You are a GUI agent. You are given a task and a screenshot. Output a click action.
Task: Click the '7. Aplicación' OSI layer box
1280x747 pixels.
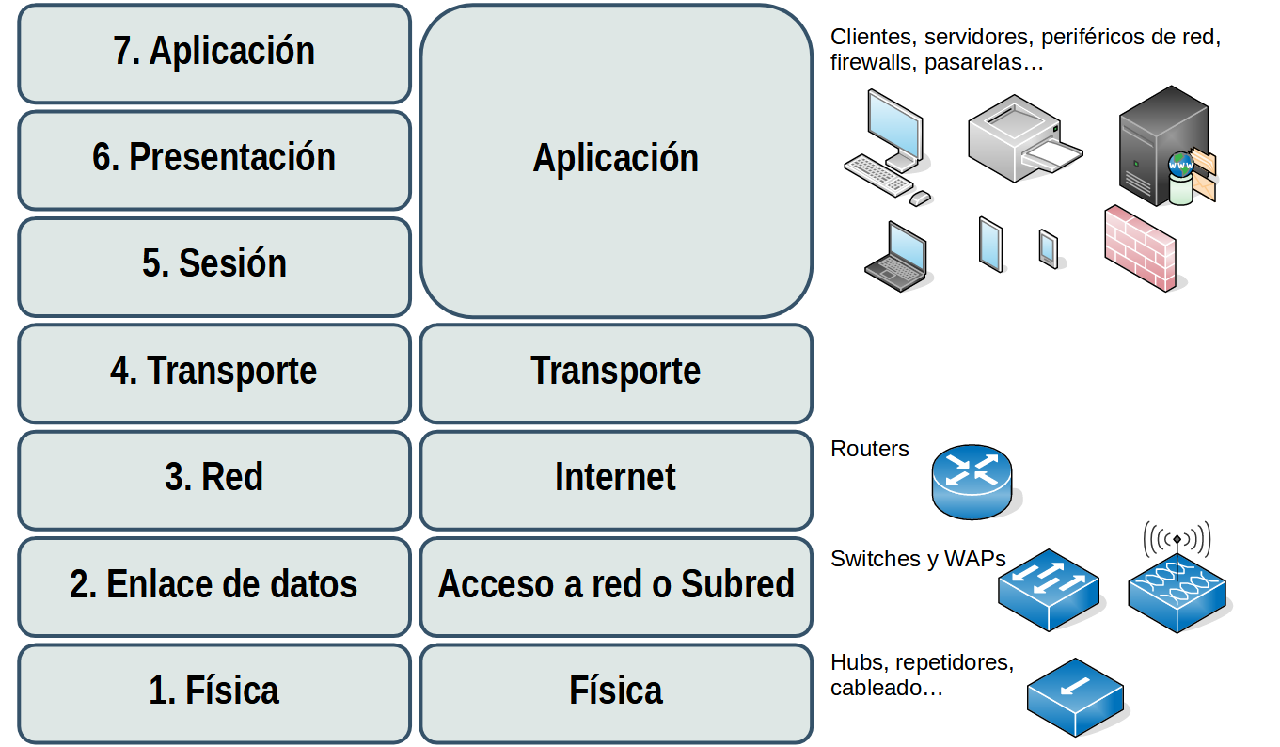point(214,53)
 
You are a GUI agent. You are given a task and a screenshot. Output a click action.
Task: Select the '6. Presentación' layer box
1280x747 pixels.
point(214,159)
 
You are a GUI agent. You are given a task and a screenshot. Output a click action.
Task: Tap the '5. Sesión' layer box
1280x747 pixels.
point(214,265)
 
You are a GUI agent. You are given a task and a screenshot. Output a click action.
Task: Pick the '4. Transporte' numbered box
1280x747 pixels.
point(214,373)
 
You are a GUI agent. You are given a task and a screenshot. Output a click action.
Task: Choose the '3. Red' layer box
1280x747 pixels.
point(214,479)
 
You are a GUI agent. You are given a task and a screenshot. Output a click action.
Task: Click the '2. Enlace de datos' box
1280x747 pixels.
point(214,586)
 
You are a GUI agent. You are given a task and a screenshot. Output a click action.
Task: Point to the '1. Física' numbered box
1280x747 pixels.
point(214,692)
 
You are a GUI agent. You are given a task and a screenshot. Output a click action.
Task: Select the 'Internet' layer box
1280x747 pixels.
point(616,479)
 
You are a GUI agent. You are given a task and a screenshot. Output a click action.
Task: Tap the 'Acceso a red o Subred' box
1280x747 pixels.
point(616,586)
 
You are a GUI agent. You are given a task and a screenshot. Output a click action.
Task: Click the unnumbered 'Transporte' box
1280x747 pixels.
point(616,373)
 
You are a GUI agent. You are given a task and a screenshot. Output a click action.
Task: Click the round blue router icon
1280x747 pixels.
point(972,481)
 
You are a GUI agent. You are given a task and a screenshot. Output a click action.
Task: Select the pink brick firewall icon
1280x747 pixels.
point(1140,248)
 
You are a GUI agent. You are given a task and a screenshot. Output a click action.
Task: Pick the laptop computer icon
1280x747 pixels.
point(897,256)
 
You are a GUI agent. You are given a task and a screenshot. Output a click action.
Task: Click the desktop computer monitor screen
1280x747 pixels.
point(894,124)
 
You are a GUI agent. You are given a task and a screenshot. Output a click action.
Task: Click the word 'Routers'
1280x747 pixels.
point(870,450)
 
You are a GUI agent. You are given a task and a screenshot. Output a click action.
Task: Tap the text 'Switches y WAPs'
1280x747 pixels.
point(918,559)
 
